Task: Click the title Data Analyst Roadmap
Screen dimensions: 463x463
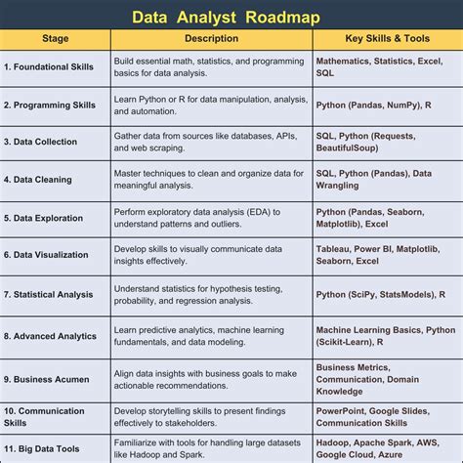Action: pyautogui.click(x=231, y=17)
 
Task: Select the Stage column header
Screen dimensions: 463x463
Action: pyautogui.click(x=55, y=39)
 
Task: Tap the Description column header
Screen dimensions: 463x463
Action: pyautogui.click(x=211, y=39)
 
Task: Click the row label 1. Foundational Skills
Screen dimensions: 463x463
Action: pyautogui.click(x=49, y=66)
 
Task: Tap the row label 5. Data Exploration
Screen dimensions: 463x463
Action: pyautogui.click(x=45, y=218)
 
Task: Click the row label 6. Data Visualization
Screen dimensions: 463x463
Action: pyautogui.click(x=48, y=255)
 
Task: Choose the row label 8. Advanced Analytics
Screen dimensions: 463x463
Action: pyautogui.click(x=50, y=336)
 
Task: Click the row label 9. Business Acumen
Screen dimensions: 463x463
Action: pyautogui.click(x=46, y=378)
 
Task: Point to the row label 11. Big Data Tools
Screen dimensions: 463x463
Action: pyautogui.click(x=45, y=448)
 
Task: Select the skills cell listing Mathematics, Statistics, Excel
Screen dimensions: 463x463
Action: pyautogui.click(x=384, y=66)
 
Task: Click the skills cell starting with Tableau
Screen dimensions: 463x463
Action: pyautogui.click(x=384, y=255)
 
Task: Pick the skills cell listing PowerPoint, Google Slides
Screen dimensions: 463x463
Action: pyautogui.click(x=381, y=417)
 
